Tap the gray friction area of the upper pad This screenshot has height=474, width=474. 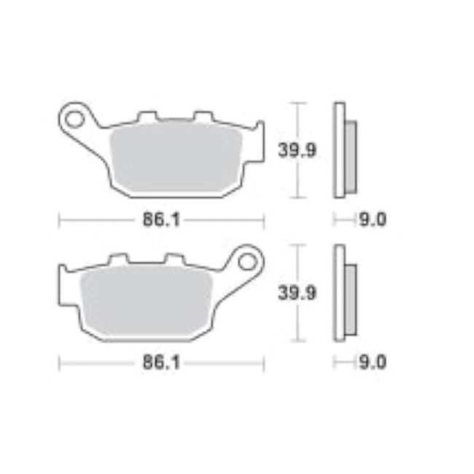[175, 157]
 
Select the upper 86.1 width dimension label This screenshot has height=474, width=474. [161, 219]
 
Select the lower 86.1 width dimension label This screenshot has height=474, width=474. [161, 362]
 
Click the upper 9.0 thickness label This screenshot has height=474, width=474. [371, 219]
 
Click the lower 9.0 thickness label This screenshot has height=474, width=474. [371, 362]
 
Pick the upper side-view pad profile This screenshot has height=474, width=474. [339, 149]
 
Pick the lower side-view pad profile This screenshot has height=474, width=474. [339, 292]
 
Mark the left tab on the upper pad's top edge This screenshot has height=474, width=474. [148, 116]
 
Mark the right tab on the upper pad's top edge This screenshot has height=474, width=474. [202, 116]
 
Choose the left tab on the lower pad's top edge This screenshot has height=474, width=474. [118, 258]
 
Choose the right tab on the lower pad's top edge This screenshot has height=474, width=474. [173, 258]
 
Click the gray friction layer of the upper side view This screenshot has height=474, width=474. [350, 157]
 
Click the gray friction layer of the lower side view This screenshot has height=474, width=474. [350, 300]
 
